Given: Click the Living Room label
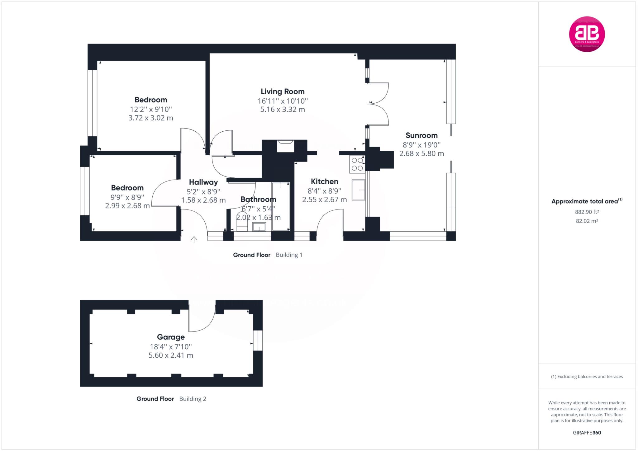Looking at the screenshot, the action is click(283, 92).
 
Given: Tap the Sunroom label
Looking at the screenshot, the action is click(421, 135).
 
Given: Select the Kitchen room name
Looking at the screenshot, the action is click(324, 181).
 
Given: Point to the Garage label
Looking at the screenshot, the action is click(171, 337).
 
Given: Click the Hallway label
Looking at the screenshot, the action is click(203, 182).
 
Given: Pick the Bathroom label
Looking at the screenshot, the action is click(258, 200).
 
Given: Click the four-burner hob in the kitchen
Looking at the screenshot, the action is click(357, 164).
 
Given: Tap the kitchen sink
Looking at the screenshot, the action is click(358, 190).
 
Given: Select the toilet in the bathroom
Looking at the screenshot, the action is click(242, 222).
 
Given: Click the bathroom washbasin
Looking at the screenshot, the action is click(259, 227).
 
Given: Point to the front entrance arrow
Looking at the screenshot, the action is click(194, 239).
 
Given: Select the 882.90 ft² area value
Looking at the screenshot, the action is click(587, 212).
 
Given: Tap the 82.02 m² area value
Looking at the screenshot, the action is click(587, 221).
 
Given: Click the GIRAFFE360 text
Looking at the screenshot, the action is click(587, 433).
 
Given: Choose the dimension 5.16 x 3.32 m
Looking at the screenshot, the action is click(283, 110).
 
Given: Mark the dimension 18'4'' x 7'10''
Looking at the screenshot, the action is click(171, 347).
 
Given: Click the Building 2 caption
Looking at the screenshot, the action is click(193, 399).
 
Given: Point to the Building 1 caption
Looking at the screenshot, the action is click(289, 255).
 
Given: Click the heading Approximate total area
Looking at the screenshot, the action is click(584, 201).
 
